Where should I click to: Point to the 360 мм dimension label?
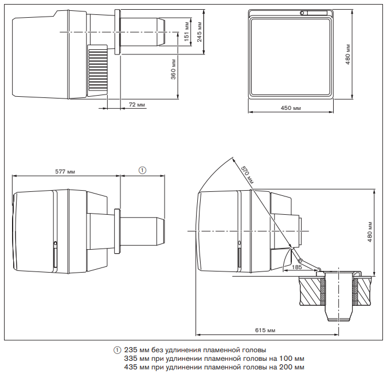pos(173,69)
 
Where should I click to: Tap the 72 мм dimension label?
pos(136,105)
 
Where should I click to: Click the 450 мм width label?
pos(291,108)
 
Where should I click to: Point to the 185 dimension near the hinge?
pos(296,267)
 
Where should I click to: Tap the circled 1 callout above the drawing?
pos(143,170)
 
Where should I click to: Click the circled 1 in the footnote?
pos(118,350)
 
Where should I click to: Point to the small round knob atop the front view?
pos(302,13)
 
